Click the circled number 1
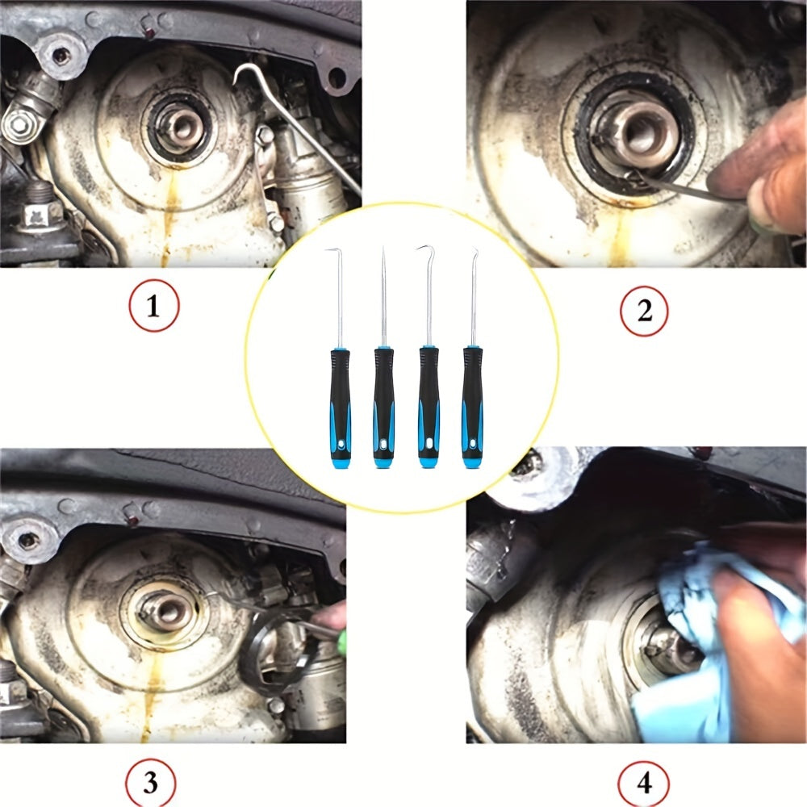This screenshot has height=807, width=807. click(x=153, y=305)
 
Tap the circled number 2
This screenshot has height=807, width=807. click(x=644, y=311)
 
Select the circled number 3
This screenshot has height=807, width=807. click(x=150, y=782)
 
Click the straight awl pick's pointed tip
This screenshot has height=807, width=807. click(x=383, y=248)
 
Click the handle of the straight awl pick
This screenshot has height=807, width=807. click(x=384, y=408)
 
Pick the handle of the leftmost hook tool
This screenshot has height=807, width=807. click(x=341, y=408)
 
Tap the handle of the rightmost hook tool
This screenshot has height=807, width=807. click(x=472, y=408)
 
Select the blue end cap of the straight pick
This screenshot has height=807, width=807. click(x=384, y=462)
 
